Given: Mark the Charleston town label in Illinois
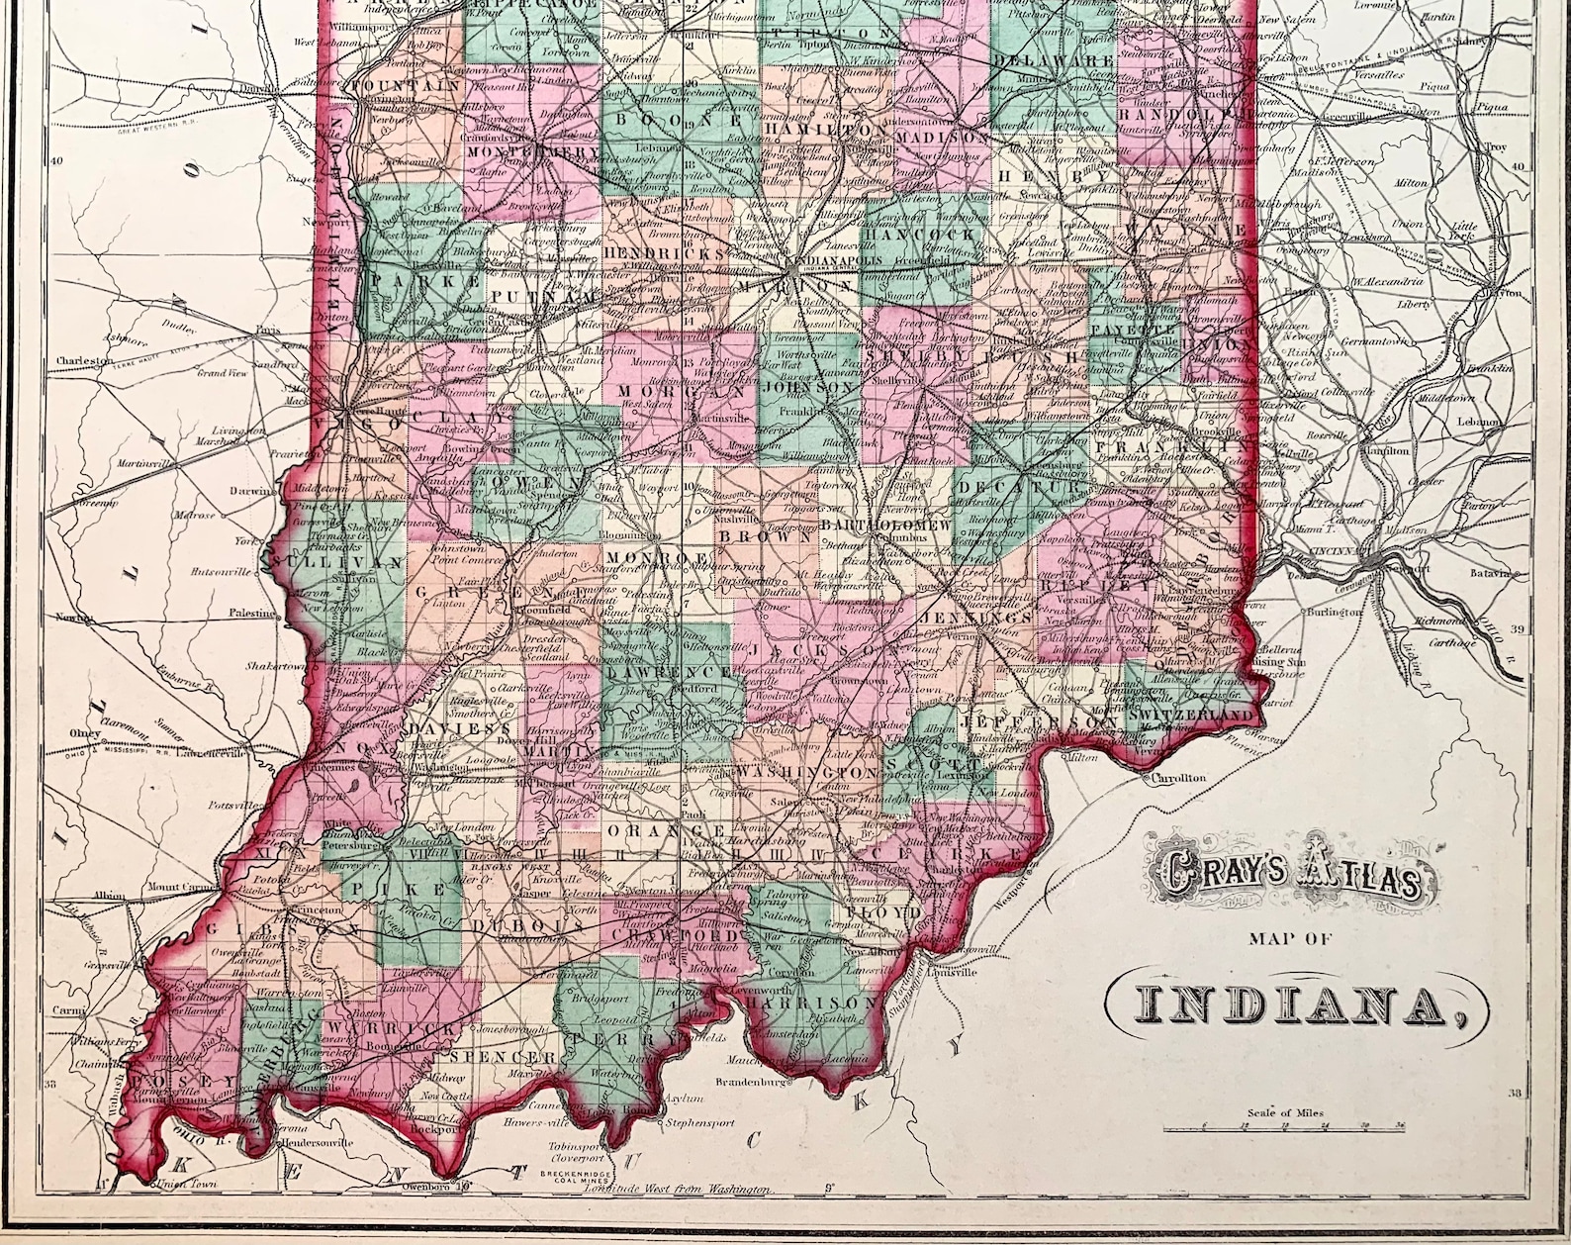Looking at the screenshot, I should (85, 361).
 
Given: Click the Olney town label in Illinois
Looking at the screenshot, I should (86, 733).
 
